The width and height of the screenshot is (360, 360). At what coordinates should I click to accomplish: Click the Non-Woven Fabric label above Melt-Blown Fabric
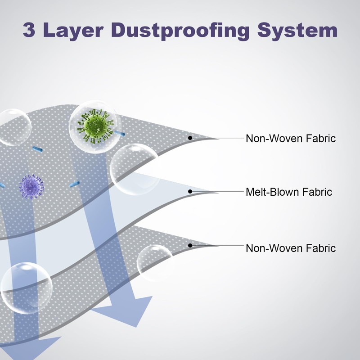pos(291,138)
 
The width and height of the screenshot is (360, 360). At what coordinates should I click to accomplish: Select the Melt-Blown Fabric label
pos(289,192)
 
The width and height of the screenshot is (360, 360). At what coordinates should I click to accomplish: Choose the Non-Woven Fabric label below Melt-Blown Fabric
pos(291,248)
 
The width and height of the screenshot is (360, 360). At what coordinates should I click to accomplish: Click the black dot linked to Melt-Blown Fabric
pos(190,191)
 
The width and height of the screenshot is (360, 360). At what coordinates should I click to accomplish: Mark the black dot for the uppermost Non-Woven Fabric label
pos(190,137)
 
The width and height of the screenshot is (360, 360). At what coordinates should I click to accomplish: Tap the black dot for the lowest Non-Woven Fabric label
pos(190,245)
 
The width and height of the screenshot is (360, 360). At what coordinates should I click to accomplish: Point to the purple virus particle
pos(31,186)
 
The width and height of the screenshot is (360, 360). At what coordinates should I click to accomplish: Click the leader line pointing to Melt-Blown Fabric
pos(218,192)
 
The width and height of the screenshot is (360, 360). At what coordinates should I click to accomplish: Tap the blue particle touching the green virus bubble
pos(119,132)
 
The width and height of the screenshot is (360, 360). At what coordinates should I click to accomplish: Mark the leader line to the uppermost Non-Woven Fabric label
pos(218,138)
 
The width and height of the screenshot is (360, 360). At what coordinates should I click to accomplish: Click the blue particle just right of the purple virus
pos(74,184)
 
